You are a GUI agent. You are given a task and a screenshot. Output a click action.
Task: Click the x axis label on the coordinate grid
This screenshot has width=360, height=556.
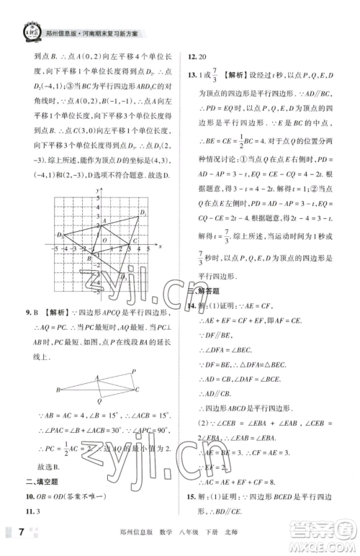click(x=161, y=246)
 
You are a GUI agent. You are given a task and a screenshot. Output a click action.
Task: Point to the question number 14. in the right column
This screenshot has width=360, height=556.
click(x=192, y=306)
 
